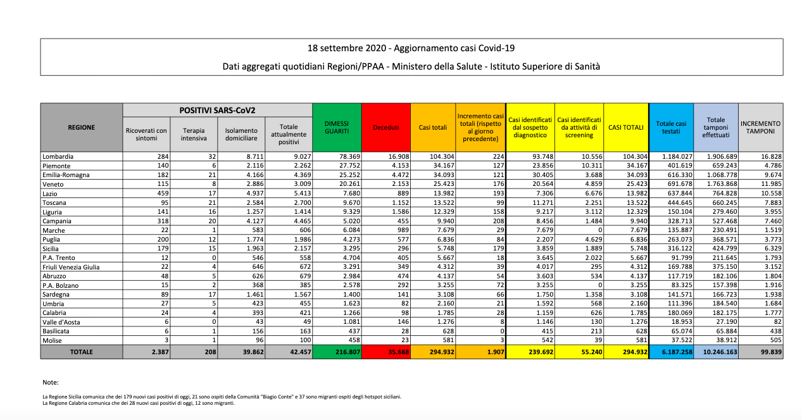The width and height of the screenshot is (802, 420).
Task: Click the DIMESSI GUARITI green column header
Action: (x=337, y=127)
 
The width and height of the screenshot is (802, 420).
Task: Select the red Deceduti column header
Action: (x=385, y=127)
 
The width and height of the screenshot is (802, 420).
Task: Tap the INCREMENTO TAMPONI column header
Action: (x=760, y=127)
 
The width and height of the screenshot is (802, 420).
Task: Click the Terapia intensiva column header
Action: (x=194, y=135)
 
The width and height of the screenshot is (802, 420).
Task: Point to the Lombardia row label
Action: (x=58, y=156)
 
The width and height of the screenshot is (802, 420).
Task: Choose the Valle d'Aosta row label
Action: (x=60, y=322)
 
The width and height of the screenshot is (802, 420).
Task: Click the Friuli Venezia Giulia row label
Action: (x=70, y=267)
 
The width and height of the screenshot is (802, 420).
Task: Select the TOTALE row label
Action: (x=82, y=352)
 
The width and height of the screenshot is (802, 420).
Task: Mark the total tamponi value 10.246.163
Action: (x=718, y=352)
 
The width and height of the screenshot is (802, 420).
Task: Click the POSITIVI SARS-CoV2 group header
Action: (x=218, y=110)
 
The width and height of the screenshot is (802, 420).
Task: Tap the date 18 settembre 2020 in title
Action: (x=345, y=48)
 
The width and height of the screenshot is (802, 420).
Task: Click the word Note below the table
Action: (x=51, y=383)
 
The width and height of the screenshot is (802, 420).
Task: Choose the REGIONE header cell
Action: (x=82, y=127)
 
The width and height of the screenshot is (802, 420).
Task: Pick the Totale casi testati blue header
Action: (x=670, y=127)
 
